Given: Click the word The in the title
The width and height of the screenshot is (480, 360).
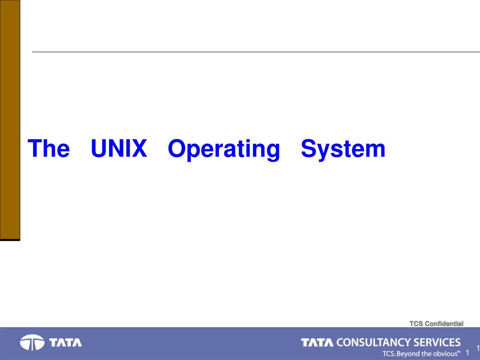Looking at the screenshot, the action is [49, 149].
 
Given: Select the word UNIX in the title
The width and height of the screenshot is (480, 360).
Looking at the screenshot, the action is [119, 149].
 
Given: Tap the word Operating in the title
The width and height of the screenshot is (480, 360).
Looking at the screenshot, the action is [224, 150].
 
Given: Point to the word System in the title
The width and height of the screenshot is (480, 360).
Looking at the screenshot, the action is [343, 150].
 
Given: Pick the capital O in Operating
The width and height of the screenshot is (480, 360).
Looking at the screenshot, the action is [178, 149].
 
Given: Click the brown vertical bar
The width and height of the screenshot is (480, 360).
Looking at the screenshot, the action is [10, 120].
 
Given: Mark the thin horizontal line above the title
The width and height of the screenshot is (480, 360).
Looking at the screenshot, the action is [256, 52].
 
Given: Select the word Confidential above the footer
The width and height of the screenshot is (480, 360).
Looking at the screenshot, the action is [444, 323].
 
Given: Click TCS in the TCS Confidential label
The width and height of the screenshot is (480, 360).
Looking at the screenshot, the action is [416, 323].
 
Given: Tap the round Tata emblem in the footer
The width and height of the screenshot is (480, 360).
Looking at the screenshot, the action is [32, 342].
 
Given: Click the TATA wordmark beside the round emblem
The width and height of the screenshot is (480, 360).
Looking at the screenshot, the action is [66, 343].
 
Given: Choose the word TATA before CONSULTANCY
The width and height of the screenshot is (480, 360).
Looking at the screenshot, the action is [317, 343].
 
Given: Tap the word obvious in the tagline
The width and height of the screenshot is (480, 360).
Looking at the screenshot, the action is [446, 353].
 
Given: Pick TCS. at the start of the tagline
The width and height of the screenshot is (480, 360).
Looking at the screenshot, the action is [389, 353].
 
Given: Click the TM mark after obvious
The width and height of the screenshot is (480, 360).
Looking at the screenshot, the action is [459, 352].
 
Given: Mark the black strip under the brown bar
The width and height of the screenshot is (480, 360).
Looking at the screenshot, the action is [10, 240].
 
